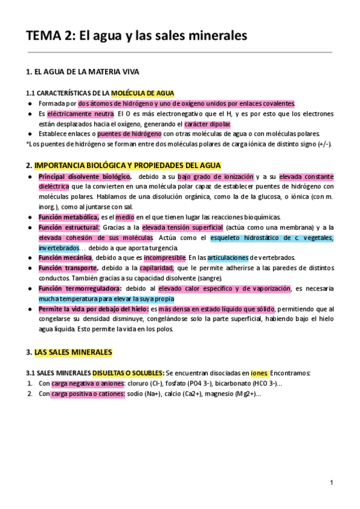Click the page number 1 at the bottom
coord(331,483)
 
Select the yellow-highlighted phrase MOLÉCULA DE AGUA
coord(143,93)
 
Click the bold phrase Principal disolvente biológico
coord(85,176)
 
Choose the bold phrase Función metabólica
coord(69,217)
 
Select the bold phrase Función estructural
coord(69,227)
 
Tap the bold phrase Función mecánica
coord(65,258)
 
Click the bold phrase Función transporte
coord(68,268)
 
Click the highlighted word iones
coord(259,373)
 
